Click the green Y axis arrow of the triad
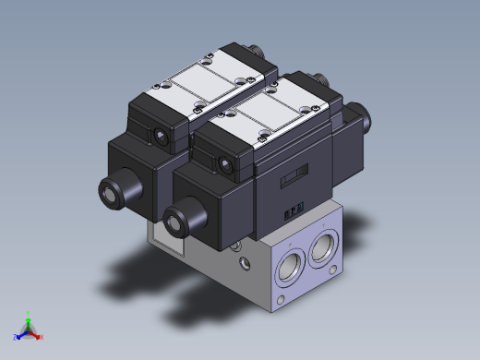pos(29,316)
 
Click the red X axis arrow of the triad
pos(39,336)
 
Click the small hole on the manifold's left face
pos(245,267)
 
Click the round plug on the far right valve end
pos(365,118)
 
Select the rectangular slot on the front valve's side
pos(294,174)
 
